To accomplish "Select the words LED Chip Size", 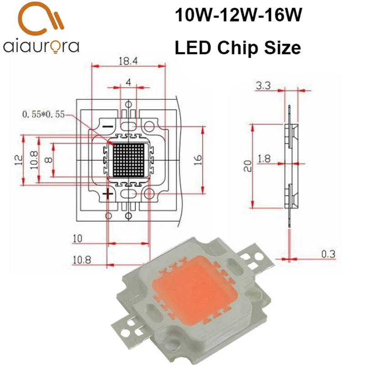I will click(238, 47).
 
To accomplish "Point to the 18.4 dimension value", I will click(128, 60).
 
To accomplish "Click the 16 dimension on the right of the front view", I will click(197, 160).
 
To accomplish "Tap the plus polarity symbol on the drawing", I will click(108, 195).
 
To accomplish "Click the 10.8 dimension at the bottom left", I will click(82, 260).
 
